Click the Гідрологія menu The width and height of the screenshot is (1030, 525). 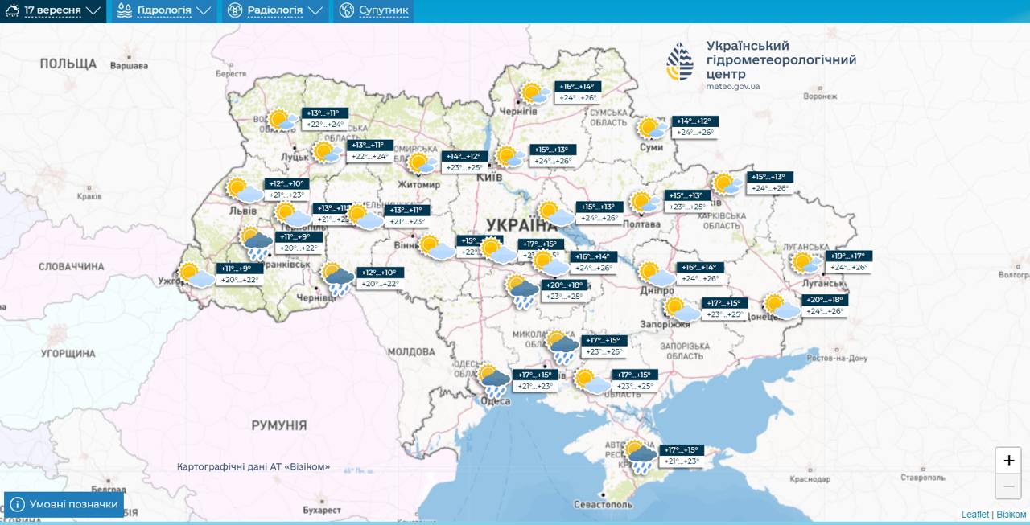click(163, 11)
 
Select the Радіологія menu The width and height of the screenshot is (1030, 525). click(274, 11)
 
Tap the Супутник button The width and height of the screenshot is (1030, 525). click(373, 11)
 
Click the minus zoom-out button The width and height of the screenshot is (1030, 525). click(1008, 486)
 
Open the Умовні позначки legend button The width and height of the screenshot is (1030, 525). click(64, 504)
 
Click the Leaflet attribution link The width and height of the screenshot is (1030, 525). click(974, 515)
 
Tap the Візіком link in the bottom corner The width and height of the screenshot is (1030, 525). click(1011, 515)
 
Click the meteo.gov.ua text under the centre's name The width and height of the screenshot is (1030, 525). click(732, 87)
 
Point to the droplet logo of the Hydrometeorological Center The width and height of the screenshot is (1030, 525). click(680, 61)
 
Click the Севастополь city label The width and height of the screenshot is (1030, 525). click(604, 504)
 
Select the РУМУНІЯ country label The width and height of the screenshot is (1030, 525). click(278, 425)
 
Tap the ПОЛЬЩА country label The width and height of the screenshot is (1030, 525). click(68, 64)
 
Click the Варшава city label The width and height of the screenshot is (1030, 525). click(129, 65)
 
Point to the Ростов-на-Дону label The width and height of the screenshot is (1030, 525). click(838, 358)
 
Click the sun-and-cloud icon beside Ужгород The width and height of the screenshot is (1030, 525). click(196, 276)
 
